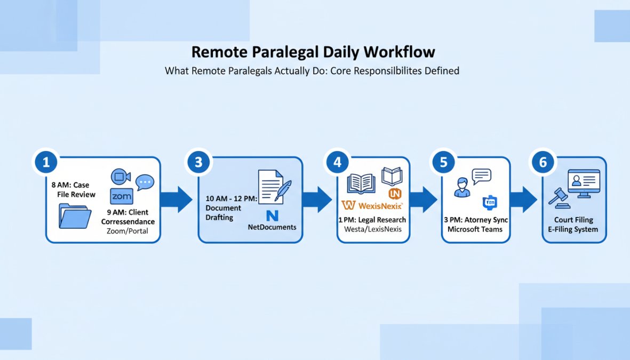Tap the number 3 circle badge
click(x=198, y=162)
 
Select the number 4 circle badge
click(x=337, y=162)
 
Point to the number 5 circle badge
click(x=443, y=162)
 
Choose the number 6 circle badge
click(x=543, y=162)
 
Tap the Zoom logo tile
click(x=122, y=196)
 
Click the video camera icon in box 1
click(x=121, y=177)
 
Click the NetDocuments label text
click(x=272, y=227)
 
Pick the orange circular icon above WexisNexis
click(x=395, y=193)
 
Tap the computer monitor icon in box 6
click(x=584, y=183)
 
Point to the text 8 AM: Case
click(x=70, y=185)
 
